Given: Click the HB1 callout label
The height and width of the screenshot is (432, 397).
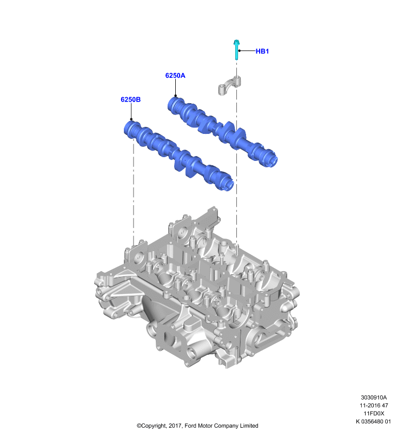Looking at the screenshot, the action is tap(262, 51).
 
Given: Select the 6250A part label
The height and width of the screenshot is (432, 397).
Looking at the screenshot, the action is tap(175, 76).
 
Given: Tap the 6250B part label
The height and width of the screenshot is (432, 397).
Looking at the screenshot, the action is tap(130, 99).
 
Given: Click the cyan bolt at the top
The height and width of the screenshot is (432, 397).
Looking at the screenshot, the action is tap(236, 50).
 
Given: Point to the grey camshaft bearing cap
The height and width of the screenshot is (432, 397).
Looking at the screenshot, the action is tap(229, 85).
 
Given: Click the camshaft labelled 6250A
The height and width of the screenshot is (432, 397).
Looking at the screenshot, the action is tap(222, 131).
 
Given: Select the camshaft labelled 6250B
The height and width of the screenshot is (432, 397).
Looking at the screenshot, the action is tap(179, 156).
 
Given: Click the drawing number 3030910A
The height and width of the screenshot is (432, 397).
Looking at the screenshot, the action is tap(374, 397).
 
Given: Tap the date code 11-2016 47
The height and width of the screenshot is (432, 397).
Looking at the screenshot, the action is tap(374, 406).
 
